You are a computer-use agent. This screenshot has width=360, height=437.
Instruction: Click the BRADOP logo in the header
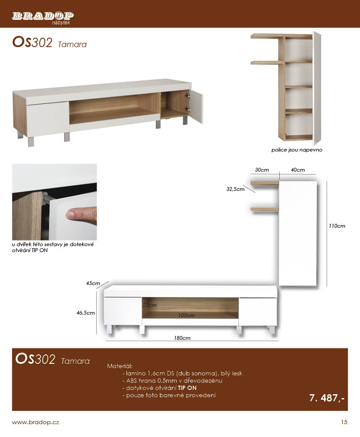[43, 18]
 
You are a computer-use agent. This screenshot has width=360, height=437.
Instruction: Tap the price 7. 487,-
[327, 398]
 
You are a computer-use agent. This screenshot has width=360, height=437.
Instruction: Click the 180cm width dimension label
[182, 338]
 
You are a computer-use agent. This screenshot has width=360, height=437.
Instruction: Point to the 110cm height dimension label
[337, 226]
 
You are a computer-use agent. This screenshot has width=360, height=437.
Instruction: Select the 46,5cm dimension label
[86, 313]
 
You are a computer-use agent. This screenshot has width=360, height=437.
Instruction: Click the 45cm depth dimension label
[93, 283]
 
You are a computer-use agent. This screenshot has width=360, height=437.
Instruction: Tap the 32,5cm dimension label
[235, 189]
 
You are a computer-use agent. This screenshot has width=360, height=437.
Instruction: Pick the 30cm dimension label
[262, 170]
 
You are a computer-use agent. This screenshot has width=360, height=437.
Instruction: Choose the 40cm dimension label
[298, 170]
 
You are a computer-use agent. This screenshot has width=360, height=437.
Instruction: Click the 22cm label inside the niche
[150, 305]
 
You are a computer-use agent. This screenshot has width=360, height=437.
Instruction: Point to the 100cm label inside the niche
[186, 315]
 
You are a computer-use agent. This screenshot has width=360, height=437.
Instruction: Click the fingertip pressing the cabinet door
[70, 214]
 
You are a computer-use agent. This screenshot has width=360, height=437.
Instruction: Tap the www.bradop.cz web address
[35, 422]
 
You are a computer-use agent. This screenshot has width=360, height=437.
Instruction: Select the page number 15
[344, 422]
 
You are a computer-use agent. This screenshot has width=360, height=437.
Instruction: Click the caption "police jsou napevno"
[297, 150]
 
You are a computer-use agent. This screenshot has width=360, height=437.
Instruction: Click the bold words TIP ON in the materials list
[187, 388]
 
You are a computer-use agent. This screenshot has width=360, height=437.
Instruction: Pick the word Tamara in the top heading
[72, 45]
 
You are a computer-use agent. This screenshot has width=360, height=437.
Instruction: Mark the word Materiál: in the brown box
[120, 366]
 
